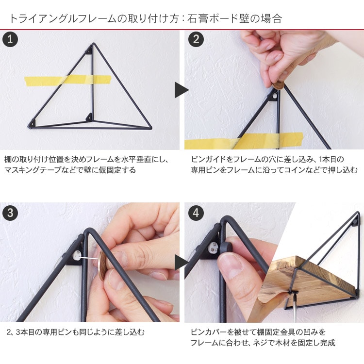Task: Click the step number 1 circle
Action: pos(10,39)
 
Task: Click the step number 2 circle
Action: pos(196,39)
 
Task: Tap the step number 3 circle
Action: pos(10,213)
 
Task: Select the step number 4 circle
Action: pos(196,213)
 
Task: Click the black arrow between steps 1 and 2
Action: pos(182,90)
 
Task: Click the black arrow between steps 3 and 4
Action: pos(182,263)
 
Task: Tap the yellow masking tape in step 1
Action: pos(68,80)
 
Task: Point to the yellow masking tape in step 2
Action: pos(244,141)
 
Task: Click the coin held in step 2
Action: pos(279,85)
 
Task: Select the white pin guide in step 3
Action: pos(76,256)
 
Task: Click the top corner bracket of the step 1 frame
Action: pos(89,50)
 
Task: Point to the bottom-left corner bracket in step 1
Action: pos(33,123)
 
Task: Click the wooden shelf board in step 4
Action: pos(309,281)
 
